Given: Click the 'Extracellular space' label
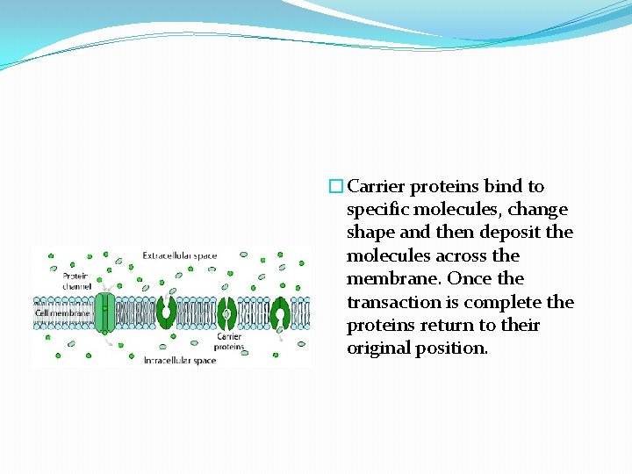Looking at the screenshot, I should (179, 255).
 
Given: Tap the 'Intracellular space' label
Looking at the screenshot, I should (179, 360).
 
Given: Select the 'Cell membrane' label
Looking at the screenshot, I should (61, 312).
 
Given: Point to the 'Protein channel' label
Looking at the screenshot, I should (75, 281).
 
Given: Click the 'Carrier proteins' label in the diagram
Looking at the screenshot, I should (230, 341).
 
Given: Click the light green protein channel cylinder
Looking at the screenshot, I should (104, 312).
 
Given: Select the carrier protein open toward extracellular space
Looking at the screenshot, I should (166, 312).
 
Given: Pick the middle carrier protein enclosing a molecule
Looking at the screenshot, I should (226, 312).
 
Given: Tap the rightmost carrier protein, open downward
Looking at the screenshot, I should (281, 312).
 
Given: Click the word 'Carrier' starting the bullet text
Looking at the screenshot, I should (377, 186).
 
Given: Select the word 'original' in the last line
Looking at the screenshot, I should (377, 348).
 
